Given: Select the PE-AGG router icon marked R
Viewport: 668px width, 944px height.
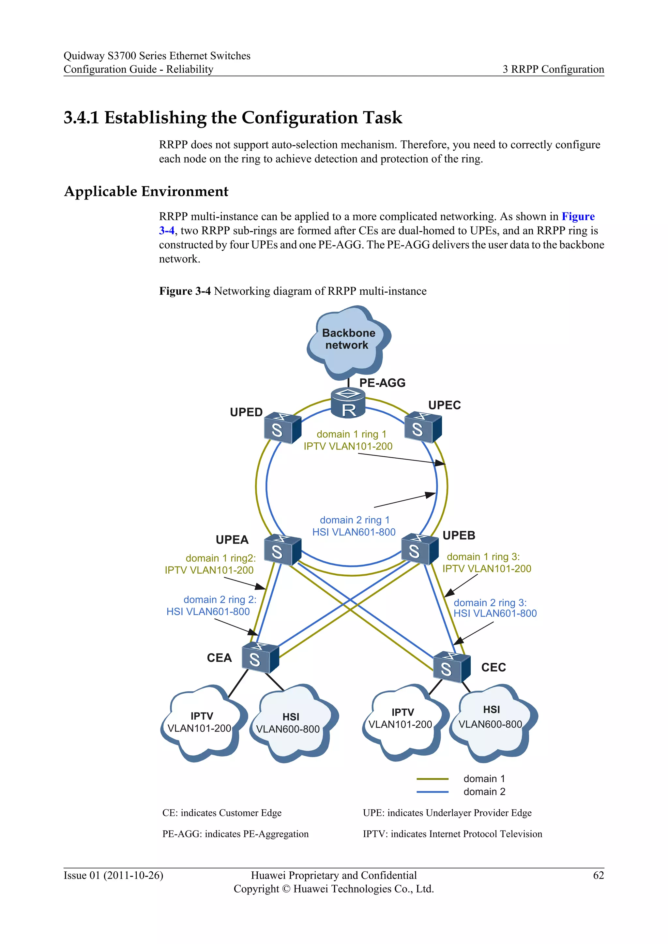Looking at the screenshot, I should (348, 403).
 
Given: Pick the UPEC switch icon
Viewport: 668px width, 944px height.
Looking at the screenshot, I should (422, 428).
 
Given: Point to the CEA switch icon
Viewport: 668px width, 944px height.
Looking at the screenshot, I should (260, 657).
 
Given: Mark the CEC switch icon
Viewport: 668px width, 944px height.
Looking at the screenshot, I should (451, 667).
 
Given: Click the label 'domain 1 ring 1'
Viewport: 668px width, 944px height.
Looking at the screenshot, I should (351, 434).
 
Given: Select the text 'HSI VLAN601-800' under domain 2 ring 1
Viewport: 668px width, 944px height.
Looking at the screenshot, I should (354, 532).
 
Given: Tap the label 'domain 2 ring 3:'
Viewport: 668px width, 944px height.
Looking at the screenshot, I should (490, 603).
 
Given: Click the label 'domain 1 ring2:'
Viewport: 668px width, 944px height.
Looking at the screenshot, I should (220, 558).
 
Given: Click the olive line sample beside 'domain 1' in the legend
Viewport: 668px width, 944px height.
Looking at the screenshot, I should (432, 779).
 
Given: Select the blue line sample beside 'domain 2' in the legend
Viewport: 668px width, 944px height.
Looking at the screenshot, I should (432, 792).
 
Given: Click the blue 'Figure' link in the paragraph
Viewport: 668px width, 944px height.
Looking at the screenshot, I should (578, 216).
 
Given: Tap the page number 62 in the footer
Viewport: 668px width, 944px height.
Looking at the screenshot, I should (598, 875).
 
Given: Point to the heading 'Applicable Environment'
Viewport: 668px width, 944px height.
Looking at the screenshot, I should (146, 192).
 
